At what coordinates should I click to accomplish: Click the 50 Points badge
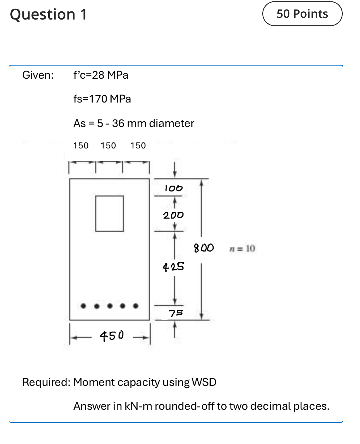click(x=302, y=14)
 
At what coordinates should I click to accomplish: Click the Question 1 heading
click(x=49, y=15)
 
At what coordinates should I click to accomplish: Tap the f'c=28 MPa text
click(x=101, y=75)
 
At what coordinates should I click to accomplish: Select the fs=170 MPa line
click(x=102, y=99)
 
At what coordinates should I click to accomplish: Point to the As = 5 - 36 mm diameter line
click(x=134, y=123)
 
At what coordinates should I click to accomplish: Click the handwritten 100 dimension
click(x=173, y=188)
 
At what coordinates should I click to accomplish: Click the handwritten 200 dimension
click(x=173, y=215)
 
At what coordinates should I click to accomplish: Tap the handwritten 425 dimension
click(x=173, y=267)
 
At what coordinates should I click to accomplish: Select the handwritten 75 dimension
click(x=176, y=313)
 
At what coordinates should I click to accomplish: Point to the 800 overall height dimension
click(x=204, y=248)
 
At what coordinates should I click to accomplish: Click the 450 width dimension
click(x=112, y=336)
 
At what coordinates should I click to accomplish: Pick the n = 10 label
click(x=242, y=248)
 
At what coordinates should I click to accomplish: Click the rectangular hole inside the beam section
click(x=109, y=214)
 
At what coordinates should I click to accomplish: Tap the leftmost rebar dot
click(x=83, y=306)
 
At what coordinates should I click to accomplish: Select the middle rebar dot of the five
click(x=110, y=306)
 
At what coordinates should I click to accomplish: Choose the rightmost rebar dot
click(x=136, y=306)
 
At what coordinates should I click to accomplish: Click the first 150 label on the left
click(x=81, y=146)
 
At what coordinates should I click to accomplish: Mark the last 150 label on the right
click(x=138, y=146)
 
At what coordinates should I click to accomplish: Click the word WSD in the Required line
click(x=204, y=382)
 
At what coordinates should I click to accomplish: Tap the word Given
click(x=38, y=75)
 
